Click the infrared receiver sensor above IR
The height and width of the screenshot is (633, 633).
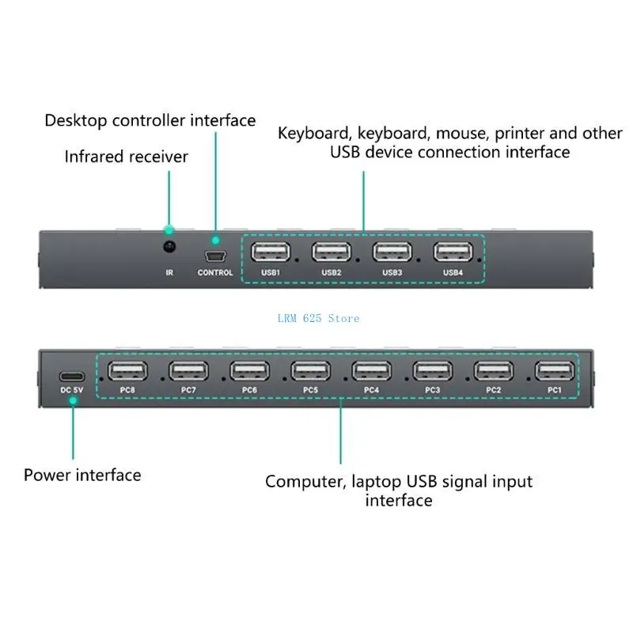pos(169,246)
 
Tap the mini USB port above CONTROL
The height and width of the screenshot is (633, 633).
pos(215,256)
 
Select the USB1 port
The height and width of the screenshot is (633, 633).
pos(271,252)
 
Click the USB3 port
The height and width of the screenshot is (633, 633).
pos(392,252)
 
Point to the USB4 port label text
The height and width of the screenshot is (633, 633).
pos(453,272)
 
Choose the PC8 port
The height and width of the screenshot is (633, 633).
pos(127,370)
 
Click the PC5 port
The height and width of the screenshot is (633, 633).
pos(310,370)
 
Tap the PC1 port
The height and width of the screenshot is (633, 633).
pos(555,370)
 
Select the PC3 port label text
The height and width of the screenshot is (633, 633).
pos(432,390)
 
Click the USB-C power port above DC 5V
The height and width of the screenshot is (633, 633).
pos(72,377)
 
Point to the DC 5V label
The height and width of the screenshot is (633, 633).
pos(71,390)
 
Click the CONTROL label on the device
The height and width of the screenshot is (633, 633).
pos(215,272)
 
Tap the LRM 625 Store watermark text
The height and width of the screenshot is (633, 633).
pos(318,319)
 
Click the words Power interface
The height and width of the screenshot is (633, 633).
pos(82,476)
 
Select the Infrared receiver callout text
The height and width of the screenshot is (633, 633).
pos(127,157)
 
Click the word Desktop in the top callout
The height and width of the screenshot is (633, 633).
pos(75,121)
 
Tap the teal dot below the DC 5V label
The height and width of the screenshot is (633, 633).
pos(73,401)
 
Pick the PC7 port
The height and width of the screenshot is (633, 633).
pos(188,370)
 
